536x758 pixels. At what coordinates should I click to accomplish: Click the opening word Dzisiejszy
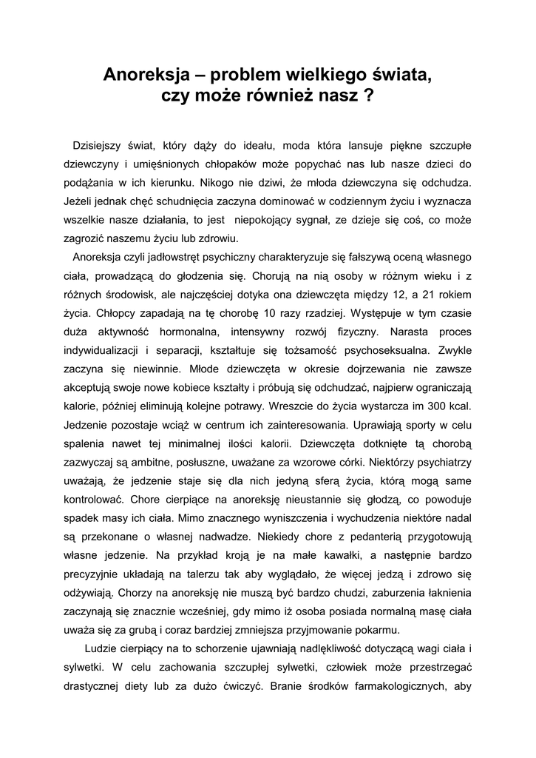click(102, 144)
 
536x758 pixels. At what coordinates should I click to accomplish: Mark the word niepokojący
click(271, 219)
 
